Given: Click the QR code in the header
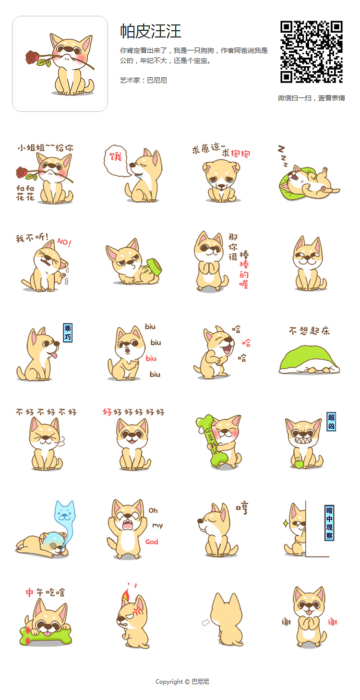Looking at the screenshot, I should pos(312,52).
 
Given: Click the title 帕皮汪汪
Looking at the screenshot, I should pos(150,31).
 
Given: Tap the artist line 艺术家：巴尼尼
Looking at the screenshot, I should pos(144,80).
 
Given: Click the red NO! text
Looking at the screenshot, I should pos(64,242).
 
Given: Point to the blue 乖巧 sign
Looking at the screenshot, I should pos(68,332).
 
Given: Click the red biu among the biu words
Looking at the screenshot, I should pos(151,358).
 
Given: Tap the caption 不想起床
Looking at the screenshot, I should pos(309,331).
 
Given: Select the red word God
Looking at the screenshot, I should pos(152,542).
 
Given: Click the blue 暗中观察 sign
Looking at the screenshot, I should pos(329,523).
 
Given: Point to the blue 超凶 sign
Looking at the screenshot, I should pos(331,422).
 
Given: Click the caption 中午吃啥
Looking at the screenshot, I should pos(45,592).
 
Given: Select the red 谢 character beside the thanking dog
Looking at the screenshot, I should pos(332,622).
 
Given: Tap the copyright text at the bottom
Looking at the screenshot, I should pos(182,682).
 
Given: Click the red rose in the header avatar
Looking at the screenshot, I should pos(32,58).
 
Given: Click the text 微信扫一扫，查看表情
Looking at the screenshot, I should pos(311,98).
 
